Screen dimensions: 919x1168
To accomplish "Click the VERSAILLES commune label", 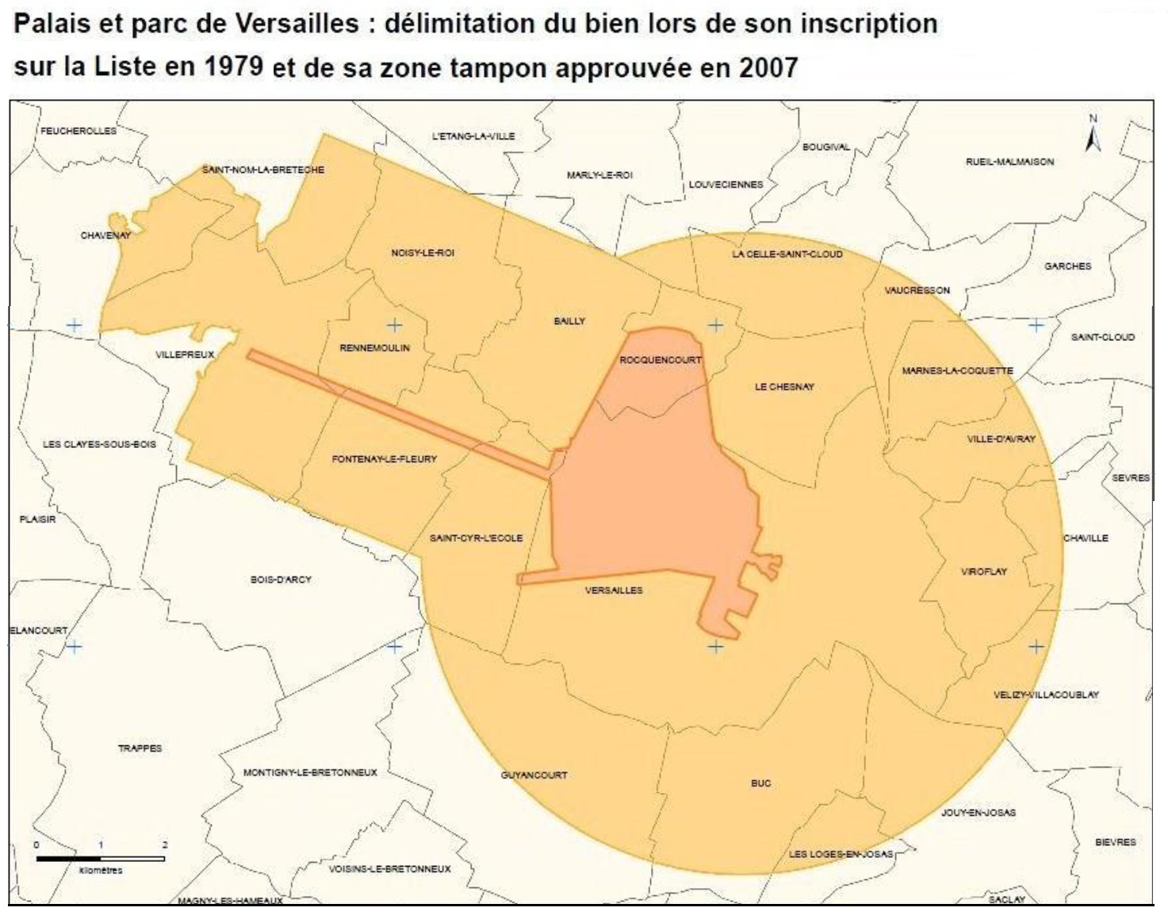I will pos(613,591).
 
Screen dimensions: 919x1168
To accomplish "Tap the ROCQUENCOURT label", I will pos(660,360).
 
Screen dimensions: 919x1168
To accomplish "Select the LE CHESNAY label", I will pos(783,387).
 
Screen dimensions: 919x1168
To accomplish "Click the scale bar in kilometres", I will pos(100,858).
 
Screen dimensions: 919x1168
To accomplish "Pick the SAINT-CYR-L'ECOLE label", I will pos(476,538).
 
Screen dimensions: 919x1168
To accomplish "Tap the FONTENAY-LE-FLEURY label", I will pos(384,459).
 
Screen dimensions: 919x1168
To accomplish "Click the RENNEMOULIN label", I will pos(374,348).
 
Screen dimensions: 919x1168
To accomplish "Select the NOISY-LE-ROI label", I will pos(422,253).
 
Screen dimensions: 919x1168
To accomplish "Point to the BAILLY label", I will pos(569,321).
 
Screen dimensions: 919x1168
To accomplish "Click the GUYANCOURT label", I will pos(534,775).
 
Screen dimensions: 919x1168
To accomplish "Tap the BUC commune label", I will pos(760,783).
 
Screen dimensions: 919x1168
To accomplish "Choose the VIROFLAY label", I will pos(983,572).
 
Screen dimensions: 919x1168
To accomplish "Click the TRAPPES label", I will pos(140,749).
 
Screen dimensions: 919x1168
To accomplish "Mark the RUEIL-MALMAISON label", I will pos(1009,162).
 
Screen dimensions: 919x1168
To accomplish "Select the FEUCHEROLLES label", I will pos(78,131).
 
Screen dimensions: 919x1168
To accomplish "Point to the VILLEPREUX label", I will pos(185,354).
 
